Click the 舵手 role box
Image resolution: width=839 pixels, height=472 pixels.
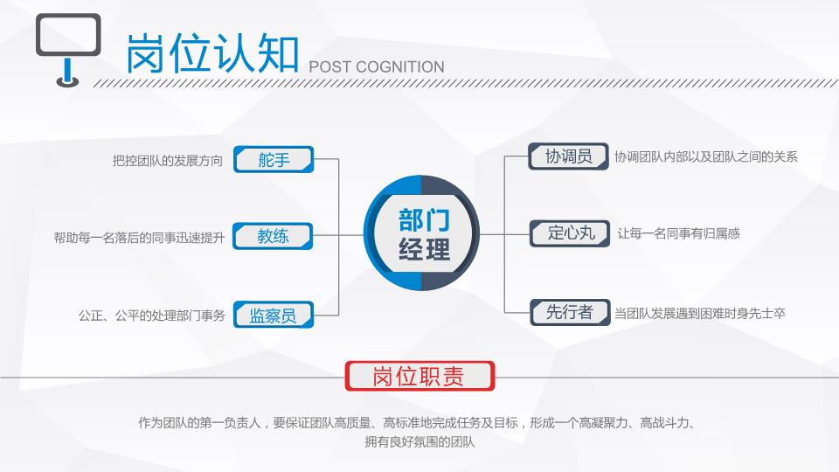pyautogui.click(x=274, y=159)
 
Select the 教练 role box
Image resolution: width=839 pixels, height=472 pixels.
pyautogui.click(x=273, y=236)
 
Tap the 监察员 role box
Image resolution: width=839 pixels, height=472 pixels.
pyautogui.click(x=274, y=315)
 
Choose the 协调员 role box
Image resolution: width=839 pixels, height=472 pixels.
pyautogui.click(x=568, y=156)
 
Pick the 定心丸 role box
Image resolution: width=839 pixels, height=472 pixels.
pyautogui.click(x=570, y=233)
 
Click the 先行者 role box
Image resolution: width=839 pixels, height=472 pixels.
pyautogui.click(x=570, y=312)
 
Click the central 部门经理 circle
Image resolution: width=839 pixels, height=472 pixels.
pyautogui.click(x=421, y=233)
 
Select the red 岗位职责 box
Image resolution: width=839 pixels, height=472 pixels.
pyautogui.click(x=419, y=376)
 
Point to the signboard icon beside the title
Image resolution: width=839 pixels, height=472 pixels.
pyautogui.click(x=68, y=50)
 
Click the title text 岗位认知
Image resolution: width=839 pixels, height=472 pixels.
pyautogui.click(x=212, y=53)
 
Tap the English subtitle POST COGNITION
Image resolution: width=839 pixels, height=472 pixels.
pyautogui.click(x=377, y=67)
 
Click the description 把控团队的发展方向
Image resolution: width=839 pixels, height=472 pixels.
pyautogui.click(x=168, y=161)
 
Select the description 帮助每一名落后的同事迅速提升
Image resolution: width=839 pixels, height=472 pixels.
pyautogui.click(x=139, y=238)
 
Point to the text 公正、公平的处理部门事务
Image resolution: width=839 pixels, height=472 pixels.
pyautogui.click(x=152, y=316)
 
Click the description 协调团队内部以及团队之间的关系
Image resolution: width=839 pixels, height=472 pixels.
pyautogui.click(x=706, y=156)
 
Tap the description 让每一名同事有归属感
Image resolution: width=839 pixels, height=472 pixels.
pyautogui.click(x=678, y=233)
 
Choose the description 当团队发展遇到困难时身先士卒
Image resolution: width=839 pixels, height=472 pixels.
pyautogui.click(x=700, y=314)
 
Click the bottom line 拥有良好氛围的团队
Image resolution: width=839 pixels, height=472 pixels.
pyautogui.click(x=419, y=442)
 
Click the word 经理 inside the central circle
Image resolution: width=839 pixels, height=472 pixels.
pyautogui.click(x=424, y=249)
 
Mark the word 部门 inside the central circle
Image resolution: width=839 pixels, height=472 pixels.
pyautogui.click(x=424, y=220)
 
